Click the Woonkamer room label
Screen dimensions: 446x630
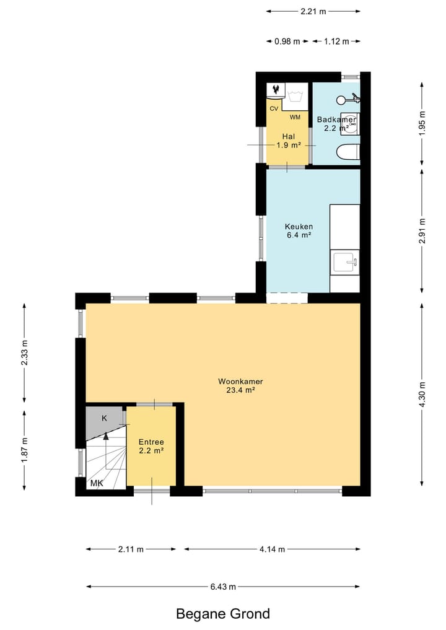click(240, 382)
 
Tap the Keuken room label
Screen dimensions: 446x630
click(299, 226)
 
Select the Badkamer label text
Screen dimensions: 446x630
click(336, 120)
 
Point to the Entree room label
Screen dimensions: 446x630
click(151, 442)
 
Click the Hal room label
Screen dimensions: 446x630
click(289, 137)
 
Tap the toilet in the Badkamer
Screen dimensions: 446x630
click(348, 153)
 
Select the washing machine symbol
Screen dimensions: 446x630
click(295, 97)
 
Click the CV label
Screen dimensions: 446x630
click(274, 109)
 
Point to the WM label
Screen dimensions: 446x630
click(295, 117)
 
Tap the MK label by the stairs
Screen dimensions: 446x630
click(97, 483)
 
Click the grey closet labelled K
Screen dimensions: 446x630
click(105, 421)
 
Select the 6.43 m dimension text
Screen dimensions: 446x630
click(223, 587)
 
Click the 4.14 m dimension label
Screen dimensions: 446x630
click(273, 549)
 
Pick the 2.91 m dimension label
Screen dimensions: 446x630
click(422, 230)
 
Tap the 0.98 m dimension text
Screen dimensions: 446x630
click(287, 41)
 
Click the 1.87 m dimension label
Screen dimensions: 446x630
click(25, 450)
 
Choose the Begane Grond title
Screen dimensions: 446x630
click(223, 614)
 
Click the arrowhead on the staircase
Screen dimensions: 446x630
click(106, 435)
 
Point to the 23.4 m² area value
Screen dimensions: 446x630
click(241, 390)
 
